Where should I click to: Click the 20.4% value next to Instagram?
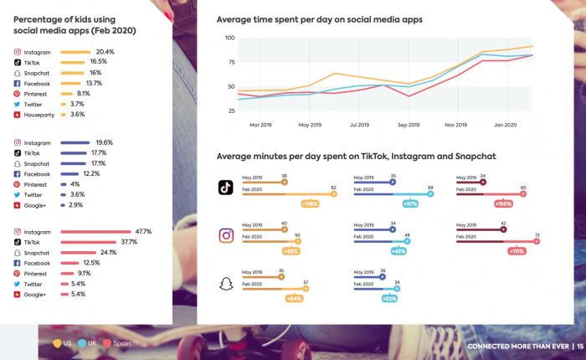click(105, 52)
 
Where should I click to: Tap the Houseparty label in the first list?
click(39, 115)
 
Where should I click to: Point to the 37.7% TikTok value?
click(129, 242)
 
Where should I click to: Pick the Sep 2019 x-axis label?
click(409, 125)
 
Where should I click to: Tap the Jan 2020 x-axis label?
click(505, 125)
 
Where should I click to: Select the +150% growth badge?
click(504, 203)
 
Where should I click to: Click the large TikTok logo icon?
click(226, 188)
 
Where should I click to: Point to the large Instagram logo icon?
click(226, 235)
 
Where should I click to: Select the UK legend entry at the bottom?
click(87, 343)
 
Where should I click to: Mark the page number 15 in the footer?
click(579, 347)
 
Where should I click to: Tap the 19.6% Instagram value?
click(104, 142)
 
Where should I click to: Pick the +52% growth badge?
click(390, 298)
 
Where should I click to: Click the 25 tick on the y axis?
click(230, 111)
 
